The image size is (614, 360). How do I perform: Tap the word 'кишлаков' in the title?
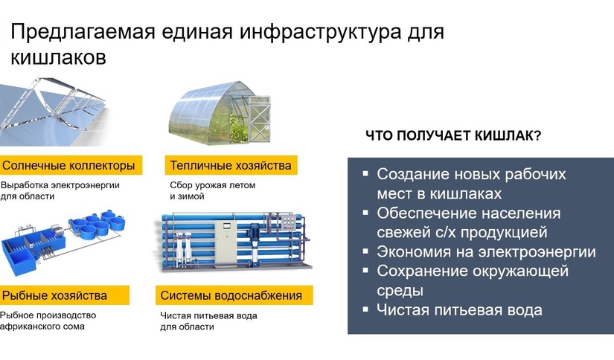[58, 57]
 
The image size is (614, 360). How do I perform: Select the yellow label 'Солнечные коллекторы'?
[69, 165]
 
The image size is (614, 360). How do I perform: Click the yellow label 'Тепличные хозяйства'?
[231, 165]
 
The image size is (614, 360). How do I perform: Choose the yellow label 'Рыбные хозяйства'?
[55, 295]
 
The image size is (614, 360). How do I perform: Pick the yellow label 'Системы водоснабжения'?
[231, 295]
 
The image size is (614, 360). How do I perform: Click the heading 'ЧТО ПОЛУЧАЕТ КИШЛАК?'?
[452, 137]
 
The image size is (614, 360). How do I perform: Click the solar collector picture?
[56, 112]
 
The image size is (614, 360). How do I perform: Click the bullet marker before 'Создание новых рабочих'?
[365, 173]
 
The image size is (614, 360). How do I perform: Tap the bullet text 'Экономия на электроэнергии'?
[486, 251]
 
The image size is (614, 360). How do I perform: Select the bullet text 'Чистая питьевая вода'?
[459, 309]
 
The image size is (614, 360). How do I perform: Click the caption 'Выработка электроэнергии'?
[60, 184]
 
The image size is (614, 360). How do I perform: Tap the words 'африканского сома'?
[42, 327]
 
